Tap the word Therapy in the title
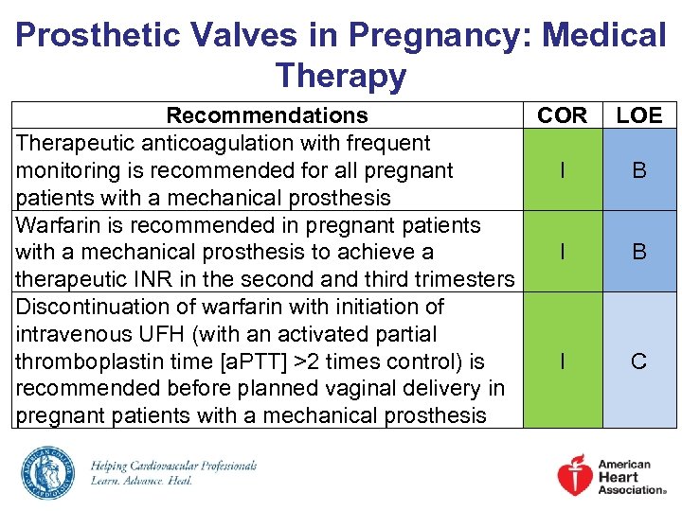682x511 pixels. click(x=341, y=76)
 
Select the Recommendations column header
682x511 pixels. click(x=267, y=115)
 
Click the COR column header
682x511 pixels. click(x=563, y=115)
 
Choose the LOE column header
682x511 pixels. click(x=639, y=115)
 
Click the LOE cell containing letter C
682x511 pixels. click(x=639, y=361)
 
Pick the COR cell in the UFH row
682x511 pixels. click(x=563, y=361)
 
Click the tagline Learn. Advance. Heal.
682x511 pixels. click(x=142, y=481)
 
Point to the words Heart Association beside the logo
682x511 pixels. click(x=631, y=484)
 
